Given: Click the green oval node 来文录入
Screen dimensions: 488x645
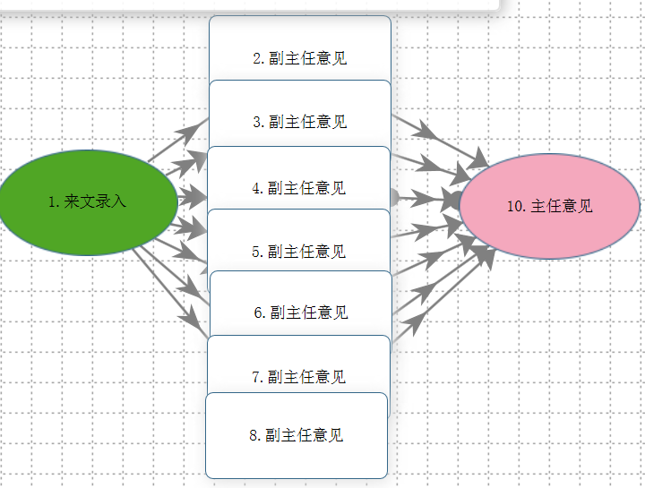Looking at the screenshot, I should [x=88, y=202].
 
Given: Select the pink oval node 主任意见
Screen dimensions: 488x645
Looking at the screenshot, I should [x=549, y=206].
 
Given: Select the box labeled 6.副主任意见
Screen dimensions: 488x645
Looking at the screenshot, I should [x=300, y=304].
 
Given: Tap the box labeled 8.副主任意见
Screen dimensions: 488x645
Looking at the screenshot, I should [x=297, y=436].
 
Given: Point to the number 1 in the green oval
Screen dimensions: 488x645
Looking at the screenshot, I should [x=52, y=202].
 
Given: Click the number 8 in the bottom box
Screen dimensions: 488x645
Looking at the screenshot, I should [x=254, y=436].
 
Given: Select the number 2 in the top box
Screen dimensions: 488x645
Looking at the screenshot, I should [x=257, y=59].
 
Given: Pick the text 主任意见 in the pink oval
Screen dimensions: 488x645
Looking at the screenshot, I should [x=562, y=206].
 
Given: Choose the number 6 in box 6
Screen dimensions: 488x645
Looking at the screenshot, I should [x=258, y=313].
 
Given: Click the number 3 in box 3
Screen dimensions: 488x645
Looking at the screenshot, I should [x=256, y=123].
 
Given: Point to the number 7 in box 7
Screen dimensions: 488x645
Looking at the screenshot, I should [x=256, y=378].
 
